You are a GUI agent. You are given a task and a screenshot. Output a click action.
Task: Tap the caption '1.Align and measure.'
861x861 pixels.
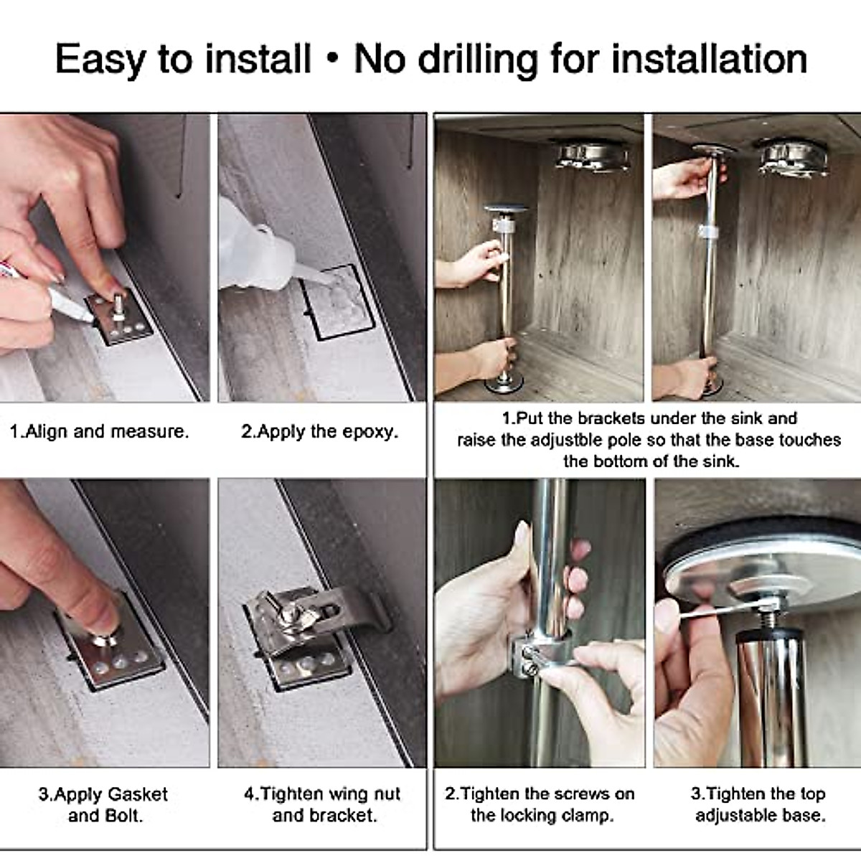coord(99,431)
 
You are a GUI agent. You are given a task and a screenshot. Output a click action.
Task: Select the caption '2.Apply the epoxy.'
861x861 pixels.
coord(319,431)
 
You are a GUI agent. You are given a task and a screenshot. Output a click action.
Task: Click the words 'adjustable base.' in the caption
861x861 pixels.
coord(760,816)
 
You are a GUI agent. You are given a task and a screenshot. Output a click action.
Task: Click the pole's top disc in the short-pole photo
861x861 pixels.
coord(506,210)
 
